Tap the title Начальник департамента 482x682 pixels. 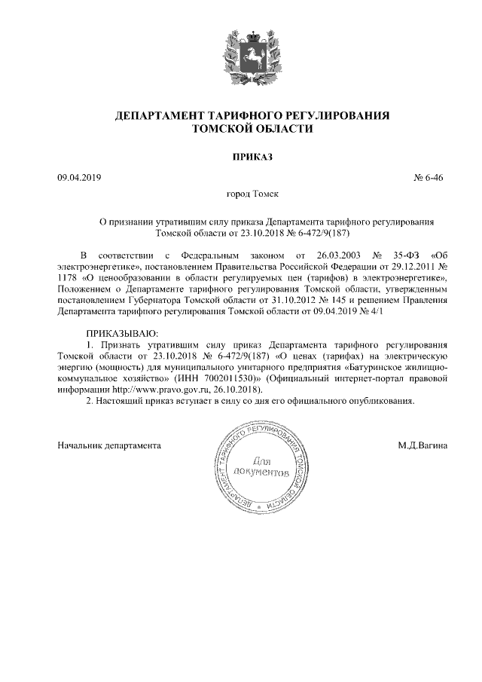pos(110,445)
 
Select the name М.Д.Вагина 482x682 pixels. pos(423,445)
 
